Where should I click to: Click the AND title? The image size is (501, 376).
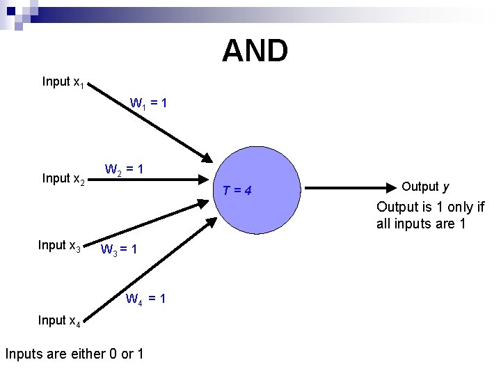(x=255, y=51)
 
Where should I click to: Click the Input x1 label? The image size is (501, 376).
(x=63, y=82)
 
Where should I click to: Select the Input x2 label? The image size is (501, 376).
(x=63, y=179)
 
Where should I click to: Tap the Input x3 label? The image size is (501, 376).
(x=60, y=246)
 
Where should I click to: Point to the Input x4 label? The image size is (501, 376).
(x=60, y=320)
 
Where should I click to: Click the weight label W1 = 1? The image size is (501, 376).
(x=148, y=104)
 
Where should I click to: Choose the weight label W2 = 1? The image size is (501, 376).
(x=125, y=169)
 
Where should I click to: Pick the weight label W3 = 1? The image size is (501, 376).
(x=119, y=249)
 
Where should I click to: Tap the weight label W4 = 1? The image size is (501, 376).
(x=145, y=299)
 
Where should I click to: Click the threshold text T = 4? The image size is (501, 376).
(x=238, y=191)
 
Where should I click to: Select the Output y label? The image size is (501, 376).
(x=425, y=187)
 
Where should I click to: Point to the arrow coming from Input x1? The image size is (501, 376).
(x=150, y=123)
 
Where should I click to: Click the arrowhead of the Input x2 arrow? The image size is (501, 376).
(x=203, y=203)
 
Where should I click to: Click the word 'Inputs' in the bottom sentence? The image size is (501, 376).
(x=25, y=354)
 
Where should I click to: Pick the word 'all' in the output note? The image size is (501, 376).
(x=385, y=224)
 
